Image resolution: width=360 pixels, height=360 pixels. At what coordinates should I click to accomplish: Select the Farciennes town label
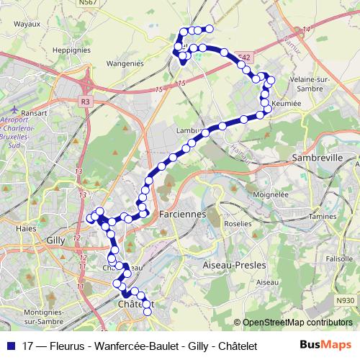pyautogui.click(x=182, y=215)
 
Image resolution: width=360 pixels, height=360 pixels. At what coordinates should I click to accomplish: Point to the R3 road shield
pyautogui.click(x=86, y=102)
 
